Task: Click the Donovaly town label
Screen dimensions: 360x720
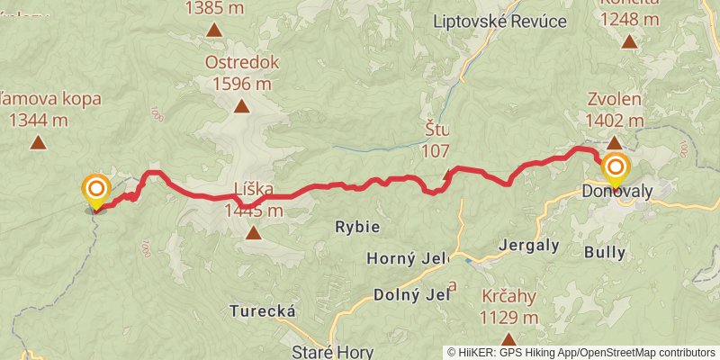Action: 616,192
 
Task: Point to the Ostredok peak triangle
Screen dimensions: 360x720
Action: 241,107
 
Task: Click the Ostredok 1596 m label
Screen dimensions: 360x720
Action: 242,74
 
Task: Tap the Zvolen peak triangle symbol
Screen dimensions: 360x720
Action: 614,142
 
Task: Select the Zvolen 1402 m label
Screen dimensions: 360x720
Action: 615,111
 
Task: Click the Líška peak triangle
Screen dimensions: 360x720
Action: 254,234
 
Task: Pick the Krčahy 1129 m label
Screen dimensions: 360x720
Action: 509,308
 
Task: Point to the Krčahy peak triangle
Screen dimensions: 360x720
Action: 508,340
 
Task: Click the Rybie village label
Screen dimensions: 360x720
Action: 357,226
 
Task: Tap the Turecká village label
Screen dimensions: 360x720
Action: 264,310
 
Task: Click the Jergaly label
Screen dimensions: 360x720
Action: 529,245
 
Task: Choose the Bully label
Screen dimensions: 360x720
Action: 604,252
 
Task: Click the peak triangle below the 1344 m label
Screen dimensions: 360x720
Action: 38,141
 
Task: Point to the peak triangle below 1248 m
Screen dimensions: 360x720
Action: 629,40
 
